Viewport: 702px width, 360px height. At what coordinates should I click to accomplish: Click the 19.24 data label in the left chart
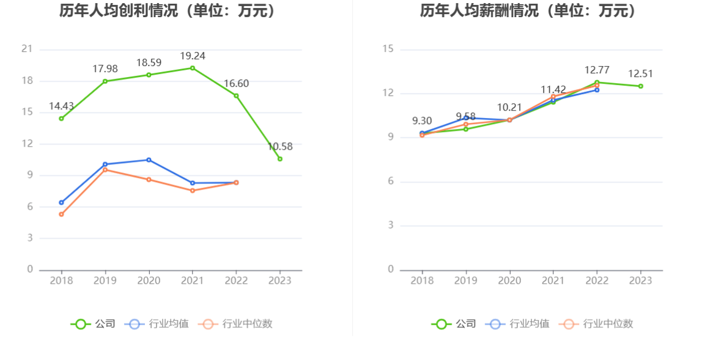193,56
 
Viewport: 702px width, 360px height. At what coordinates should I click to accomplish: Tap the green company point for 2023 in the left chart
280,159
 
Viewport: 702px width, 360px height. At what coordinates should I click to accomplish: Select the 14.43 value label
61,106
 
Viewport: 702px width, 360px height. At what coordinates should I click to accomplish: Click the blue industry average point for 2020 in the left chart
149,160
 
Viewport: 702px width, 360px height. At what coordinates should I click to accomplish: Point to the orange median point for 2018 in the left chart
61,215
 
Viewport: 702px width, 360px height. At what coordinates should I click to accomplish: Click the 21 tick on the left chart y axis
27,50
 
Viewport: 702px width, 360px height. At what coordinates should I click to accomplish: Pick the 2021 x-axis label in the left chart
193,281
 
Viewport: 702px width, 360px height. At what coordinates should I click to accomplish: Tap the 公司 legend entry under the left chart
93,324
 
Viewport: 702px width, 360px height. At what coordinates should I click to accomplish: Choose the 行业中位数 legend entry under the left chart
236,324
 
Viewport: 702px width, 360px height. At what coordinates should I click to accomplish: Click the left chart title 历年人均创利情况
167,11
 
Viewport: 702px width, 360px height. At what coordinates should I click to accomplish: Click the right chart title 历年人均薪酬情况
528,11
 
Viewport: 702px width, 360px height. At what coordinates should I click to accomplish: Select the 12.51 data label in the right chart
641,74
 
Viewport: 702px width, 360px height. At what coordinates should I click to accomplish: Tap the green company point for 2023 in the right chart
641,86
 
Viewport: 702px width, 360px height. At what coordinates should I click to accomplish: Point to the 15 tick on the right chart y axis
388,50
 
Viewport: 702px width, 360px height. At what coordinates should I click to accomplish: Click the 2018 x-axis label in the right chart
422,281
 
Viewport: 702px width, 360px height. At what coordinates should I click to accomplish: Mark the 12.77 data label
597,70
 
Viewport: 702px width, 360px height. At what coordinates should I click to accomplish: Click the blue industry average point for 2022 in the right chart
597,90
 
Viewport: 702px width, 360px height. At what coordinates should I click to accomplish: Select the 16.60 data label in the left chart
236,84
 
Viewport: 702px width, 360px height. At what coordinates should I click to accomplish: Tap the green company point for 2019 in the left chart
105,81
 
